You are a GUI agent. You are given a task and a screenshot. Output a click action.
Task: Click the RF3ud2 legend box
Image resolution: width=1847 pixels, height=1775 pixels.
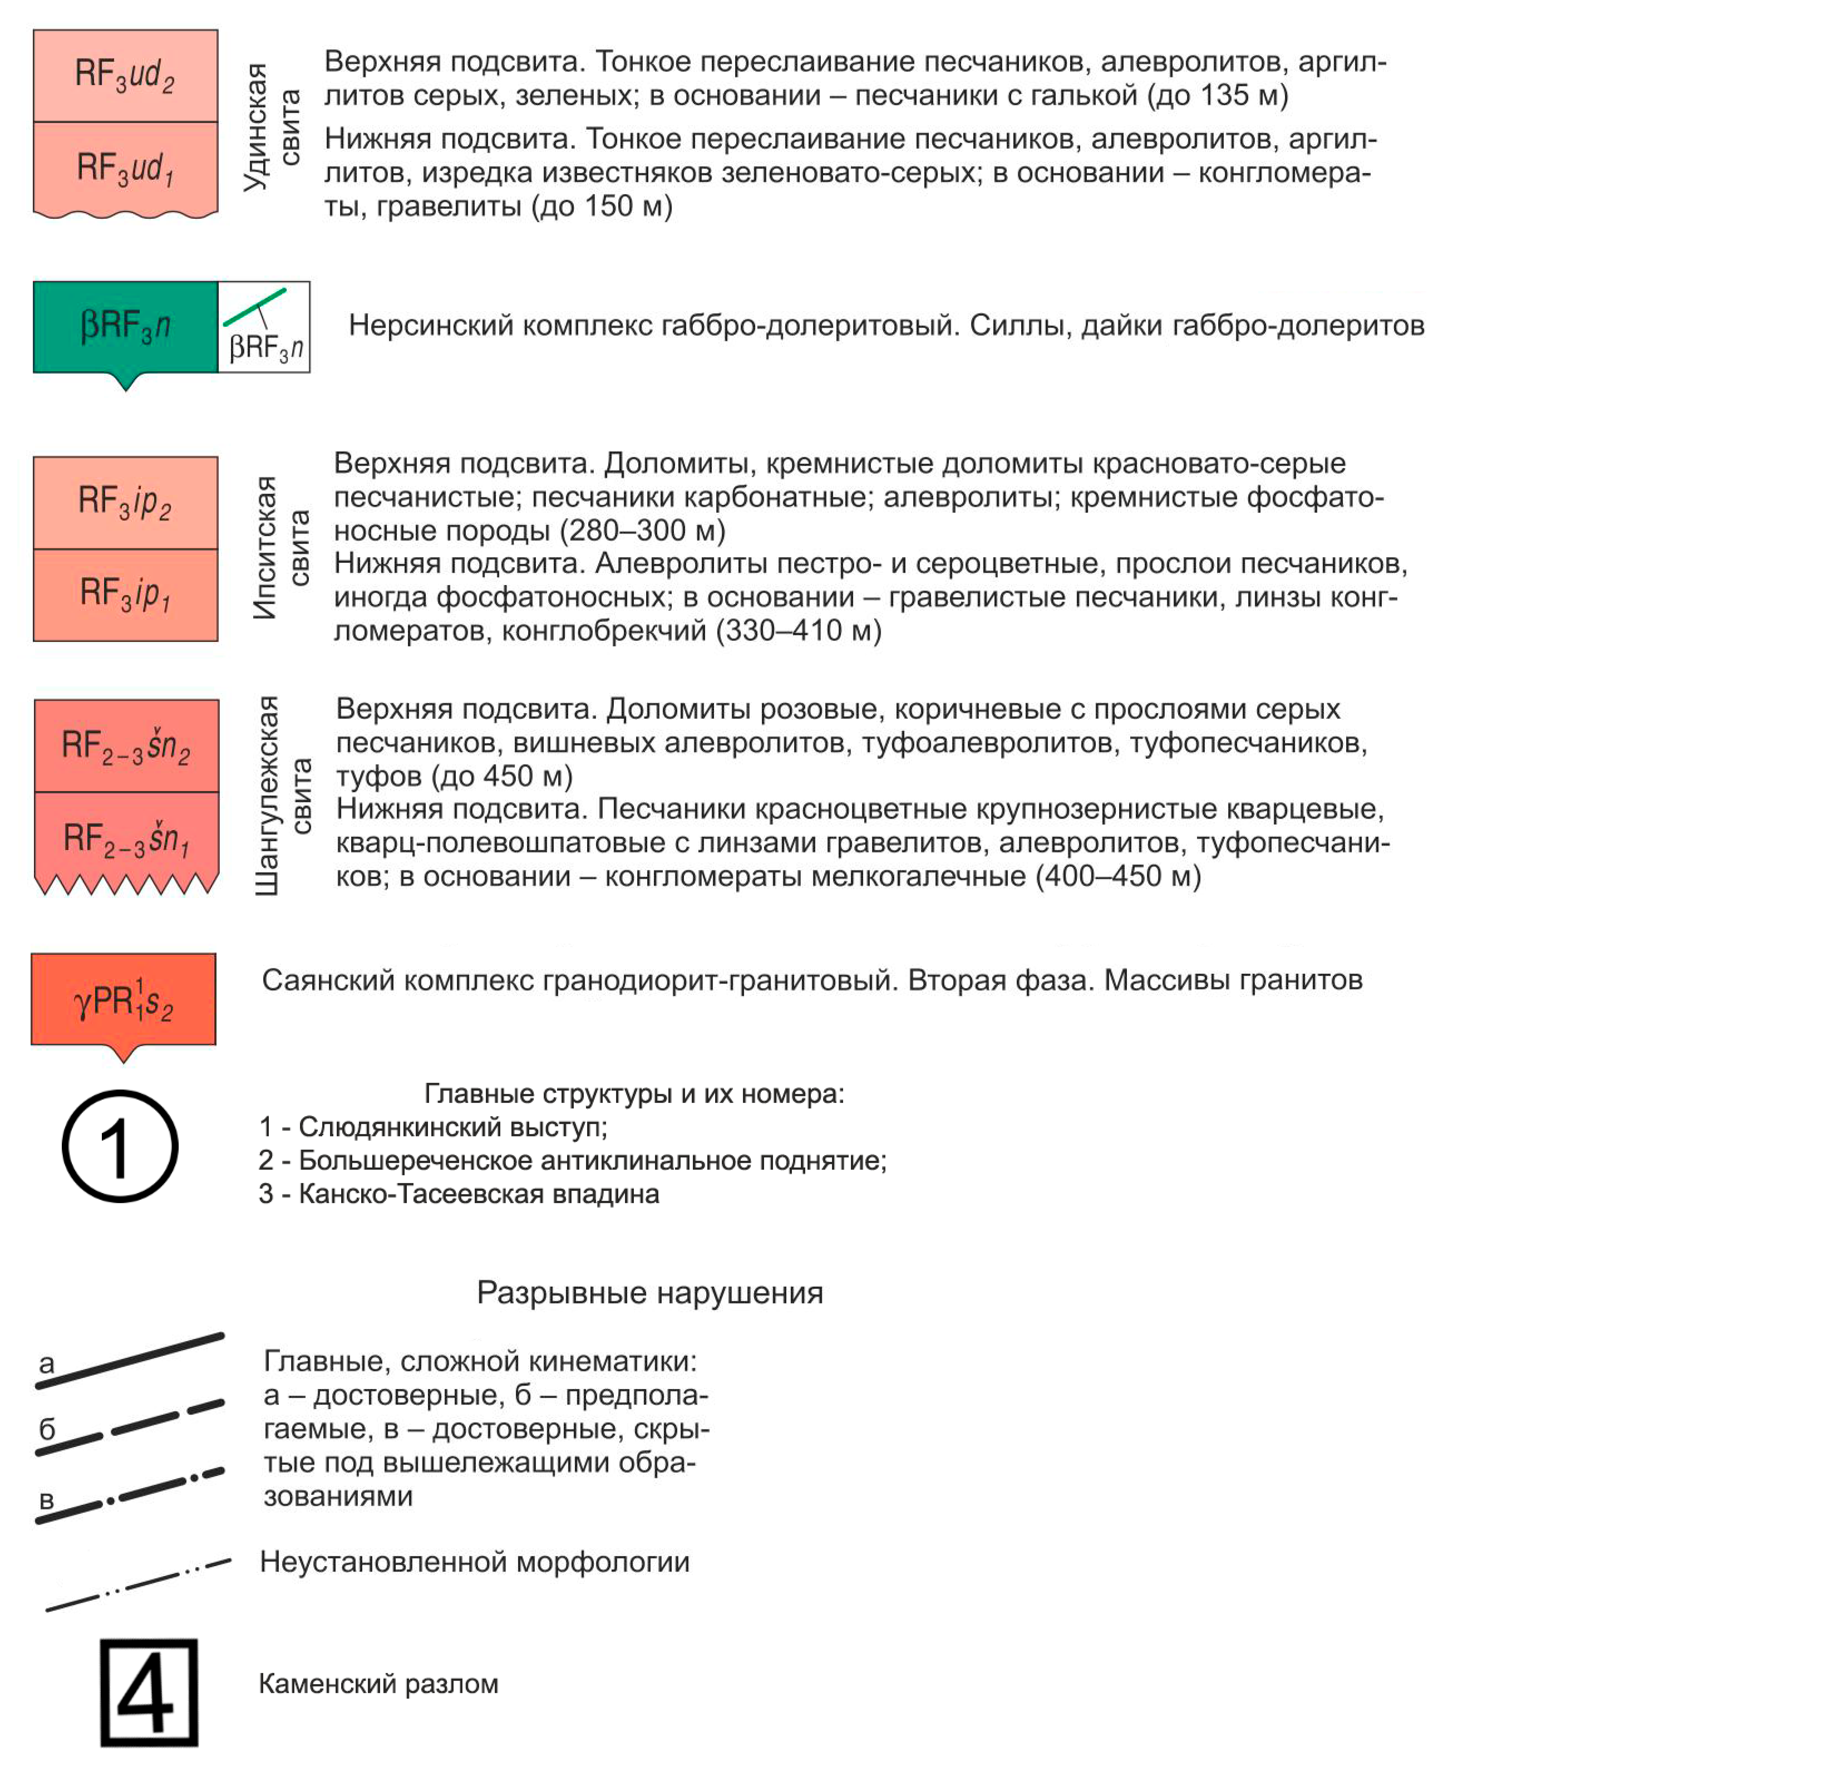[x=125, y=75]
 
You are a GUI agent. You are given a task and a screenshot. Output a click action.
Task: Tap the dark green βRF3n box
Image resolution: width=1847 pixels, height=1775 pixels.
[x=125, y=326]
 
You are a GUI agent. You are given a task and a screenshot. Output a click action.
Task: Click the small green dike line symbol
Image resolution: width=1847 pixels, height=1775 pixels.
[x=254, y=307]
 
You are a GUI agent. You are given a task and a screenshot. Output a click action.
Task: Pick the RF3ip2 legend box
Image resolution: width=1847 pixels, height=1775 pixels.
[x=125, y=502]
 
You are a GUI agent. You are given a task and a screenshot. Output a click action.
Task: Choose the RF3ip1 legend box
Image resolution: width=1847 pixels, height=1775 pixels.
[x=125, y=594]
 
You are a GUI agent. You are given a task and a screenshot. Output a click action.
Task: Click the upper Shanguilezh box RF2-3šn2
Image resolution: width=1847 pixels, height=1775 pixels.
[x=126, y=746]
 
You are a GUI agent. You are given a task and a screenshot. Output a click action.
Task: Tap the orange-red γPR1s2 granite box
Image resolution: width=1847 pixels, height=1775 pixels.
[x=124, y=999]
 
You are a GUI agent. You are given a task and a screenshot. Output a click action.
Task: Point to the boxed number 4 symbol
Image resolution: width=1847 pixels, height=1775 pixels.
[x=149, y=1692]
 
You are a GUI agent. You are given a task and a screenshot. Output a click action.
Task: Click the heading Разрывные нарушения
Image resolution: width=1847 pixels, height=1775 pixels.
[x=649, y=1292]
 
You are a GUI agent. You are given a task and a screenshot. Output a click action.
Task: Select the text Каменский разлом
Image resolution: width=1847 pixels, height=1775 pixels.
[x=378, y=1684]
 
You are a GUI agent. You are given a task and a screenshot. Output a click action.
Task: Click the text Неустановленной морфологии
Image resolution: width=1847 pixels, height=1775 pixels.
[x=474, y=1562]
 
